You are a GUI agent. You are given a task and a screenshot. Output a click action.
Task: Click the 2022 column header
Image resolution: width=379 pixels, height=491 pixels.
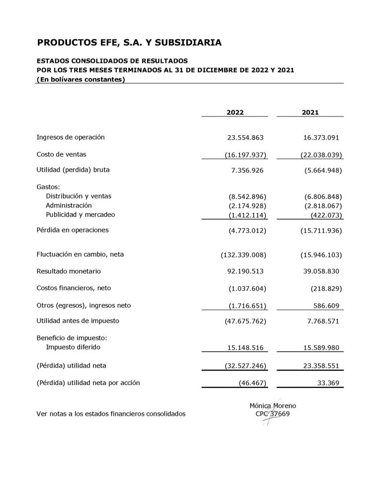click(x=235, y=112)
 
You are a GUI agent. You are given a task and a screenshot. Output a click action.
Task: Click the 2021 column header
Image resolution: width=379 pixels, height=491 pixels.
click(x=310, y=112)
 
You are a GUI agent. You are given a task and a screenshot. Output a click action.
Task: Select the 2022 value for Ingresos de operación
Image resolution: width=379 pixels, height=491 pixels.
click(x=245, y=138)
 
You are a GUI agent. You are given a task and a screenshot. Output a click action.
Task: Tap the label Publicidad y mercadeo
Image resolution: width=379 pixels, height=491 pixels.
click(x=80, y=214)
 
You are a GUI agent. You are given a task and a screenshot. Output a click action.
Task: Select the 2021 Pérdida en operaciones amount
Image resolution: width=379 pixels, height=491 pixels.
click(x=319, y=231)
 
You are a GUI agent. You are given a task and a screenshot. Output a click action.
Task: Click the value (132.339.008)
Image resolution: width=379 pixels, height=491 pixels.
click(x=243, y=254)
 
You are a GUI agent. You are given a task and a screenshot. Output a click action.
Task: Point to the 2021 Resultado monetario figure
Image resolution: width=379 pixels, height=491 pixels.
click(x=318, y=271)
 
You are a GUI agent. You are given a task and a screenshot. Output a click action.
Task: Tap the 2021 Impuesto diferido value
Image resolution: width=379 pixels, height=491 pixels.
click(x=319, y=348)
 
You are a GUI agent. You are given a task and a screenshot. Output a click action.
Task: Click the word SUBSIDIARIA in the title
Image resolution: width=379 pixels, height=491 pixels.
click(x=187, y=43)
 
